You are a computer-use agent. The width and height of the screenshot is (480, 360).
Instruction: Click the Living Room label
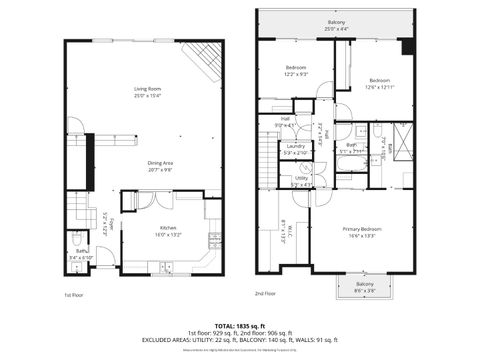(148, 91)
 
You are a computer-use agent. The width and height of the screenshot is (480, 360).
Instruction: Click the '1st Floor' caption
(74, 294)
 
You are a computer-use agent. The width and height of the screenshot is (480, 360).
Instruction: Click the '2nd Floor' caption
(265, 294)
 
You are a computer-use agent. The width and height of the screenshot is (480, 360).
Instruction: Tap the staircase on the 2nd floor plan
(267, 154)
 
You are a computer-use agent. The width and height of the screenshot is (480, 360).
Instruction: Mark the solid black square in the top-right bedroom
(405, 47)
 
